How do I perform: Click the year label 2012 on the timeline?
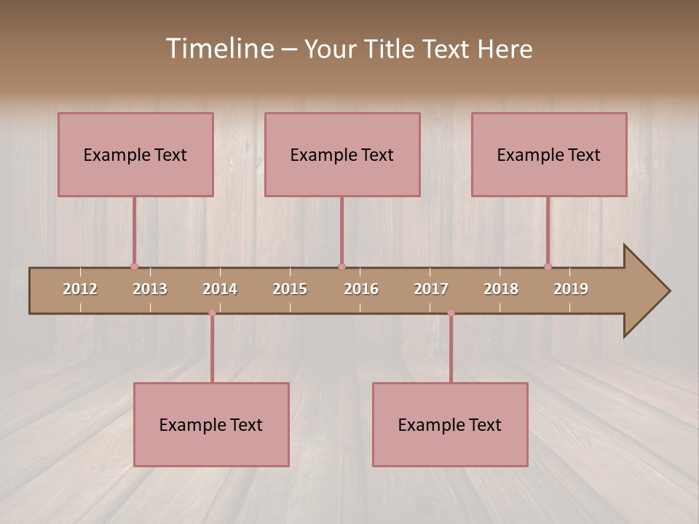tap(80, 289)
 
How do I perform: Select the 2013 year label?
tap(150, 289)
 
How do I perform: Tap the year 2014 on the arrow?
tap(220, 289)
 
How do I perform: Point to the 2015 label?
tap(290, 289)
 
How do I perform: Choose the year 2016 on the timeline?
tap(361, 289)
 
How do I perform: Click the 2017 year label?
tap(431, 289)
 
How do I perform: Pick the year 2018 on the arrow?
tap(501, 289)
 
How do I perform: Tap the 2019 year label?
tap(571, 289)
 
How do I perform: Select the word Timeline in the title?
tap(218, 49)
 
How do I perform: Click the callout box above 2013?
tap(135, 154)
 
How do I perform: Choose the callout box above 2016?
tap(342, 154)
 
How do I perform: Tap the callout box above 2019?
tap(549, 154)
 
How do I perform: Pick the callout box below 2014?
tap(211, 424)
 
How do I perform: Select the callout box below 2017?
tap(450, 424)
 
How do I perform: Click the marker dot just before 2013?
tap(134, 266)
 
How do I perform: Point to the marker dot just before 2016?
tap(341, 266)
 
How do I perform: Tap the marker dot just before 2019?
tap(548, 266)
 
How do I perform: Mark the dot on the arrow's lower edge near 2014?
tap(212, 313)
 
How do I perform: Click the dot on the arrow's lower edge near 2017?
tap(451, 313)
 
